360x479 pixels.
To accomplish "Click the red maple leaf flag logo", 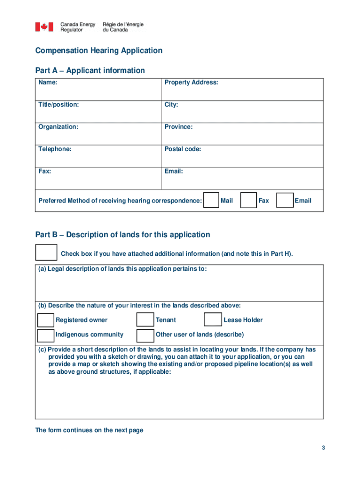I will point(44,27).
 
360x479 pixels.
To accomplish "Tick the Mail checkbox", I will point(212,200).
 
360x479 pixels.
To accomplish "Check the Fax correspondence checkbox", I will point(248,200).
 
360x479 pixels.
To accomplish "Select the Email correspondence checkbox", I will point(285,200).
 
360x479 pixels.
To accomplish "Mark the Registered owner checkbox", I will point(45,320).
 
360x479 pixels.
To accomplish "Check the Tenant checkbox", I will point(145,320).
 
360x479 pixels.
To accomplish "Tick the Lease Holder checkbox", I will point(213,320).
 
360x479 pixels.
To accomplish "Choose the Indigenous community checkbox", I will point(45,335).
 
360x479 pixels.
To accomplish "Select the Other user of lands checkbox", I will point(145,335).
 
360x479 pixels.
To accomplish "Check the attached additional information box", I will point(46,253).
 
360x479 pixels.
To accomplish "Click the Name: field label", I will point(48,82).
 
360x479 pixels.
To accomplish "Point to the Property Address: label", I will point(191,82).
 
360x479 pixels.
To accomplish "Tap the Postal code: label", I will point(183,149).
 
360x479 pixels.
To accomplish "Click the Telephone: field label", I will point(55,149).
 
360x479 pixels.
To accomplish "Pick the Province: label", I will point(179,127).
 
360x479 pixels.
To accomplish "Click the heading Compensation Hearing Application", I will point(99,51).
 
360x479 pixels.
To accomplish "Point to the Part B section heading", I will point(122,234).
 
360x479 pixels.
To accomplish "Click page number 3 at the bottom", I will point(323,448).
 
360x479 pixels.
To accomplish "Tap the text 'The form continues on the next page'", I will point(89,430).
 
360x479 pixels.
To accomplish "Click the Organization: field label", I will point(58,127).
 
